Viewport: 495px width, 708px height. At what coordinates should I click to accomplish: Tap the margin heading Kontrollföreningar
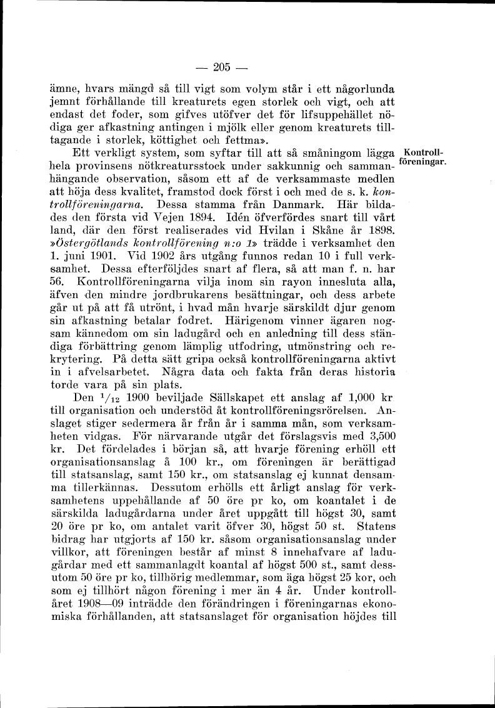425,158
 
